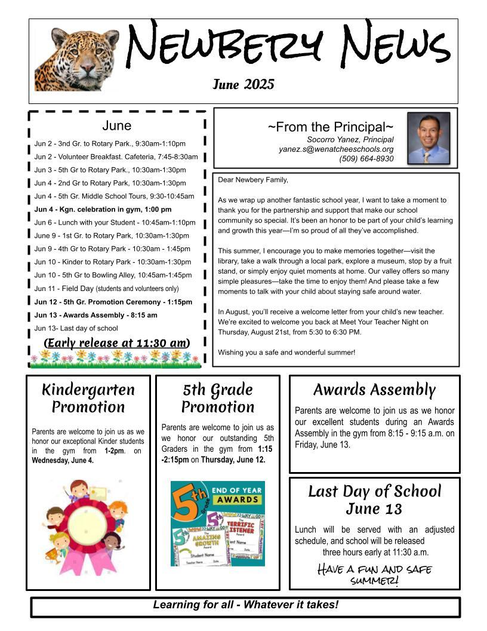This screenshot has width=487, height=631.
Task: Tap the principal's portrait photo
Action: [429, 138]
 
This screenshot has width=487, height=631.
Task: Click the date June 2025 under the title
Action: [243, 84]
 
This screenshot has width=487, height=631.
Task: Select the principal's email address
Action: [336, 149]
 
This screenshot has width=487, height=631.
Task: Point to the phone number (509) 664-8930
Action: [366, 159]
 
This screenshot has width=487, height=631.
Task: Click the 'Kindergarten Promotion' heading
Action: [88, 398]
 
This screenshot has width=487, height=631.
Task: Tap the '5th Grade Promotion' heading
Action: [218, 398]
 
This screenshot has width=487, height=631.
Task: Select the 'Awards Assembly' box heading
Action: [374, 390]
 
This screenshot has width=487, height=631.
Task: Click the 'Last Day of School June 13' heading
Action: [374, 500]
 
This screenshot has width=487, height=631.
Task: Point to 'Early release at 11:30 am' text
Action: [117, 342]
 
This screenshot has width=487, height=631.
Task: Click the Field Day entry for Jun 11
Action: [106, 289]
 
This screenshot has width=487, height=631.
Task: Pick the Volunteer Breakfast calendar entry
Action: [116, 157]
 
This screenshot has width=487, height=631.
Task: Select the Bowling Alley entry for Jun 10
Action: [113, 275]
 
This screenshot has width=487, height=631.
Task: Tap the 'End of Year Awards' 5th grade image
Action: [218, 523]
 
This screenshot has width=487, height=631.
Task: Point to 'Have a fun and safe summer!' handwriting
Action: [374, 574]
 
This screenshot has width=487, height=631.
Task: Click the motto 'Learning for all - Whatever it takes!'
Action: [245, 605]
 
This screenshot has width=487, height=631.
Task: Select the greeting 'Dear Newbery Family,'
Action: [253, 180]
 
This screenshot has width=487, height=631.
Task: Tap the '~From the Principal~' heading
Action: [330, 127]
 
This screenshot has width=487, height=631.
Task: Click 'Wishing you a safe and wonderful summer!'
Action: [286, 352]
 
